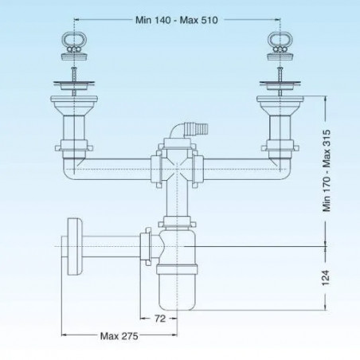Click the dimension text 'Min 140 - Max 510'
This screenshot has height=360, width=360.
click(177, 20)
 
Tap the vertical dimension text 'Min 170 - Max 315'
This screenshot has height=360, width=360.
click(327, 170)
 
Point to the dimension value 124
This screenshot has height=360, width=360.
click(326, 278)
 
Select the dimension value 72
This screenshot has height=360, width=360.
click(160, 319)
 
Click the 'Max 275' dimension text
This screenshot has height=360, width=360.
click(119, 336)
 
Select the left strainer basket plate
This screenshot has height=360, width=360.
click(74, 84)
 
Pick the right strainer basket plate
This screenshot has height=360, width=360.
click(280, 84)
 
